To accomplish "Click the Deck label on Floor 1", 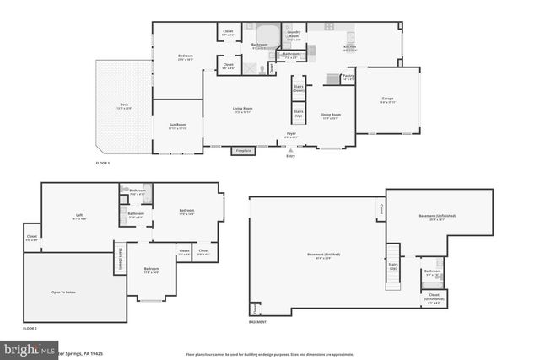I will pos(124,105).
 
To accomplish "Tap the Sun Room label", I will pos(177,127).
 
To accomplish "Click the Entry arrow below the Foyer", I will pos(291,150).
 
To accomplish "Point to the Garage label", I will pos(387,99).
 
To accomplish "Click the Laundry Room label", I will pos(294,36).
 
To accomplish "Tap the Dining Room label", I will pos(330,115).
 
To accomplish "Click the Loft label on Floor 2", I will pos(78,215).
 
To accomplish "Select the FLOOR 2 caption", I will pos(30,327).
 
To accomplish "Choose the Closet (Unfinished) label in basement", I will pos(434,298).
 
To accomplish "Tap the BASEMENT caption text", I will pos(258,322).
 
